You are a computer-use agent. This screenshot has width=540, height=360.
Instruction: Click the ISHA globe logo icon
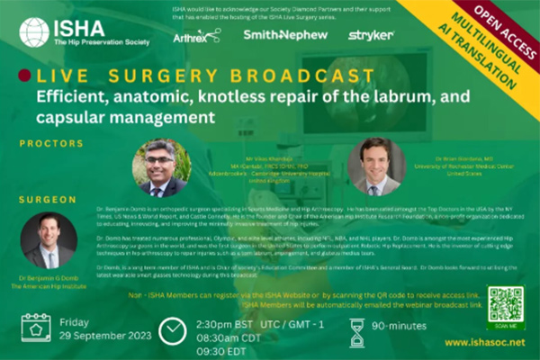tap(35, 32)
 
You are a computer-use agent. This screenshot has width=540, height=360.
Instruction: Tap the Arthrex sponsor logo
tap(195, 35)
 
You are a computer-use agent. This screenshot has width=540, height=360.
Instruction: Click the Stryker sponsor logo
tap(370, 34)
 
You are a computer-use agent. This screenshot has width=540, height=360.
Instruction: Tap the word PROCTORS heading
tap(46, 142)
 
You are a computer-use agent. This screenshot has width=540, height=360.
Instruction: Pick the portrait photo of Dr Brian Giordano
tap(376, 166)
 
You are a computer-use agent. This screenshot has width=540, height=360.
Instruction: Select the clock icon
tap(172, 331)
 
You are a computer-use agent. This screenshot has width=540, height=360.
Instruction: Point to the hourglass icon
tap(357, 331)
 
